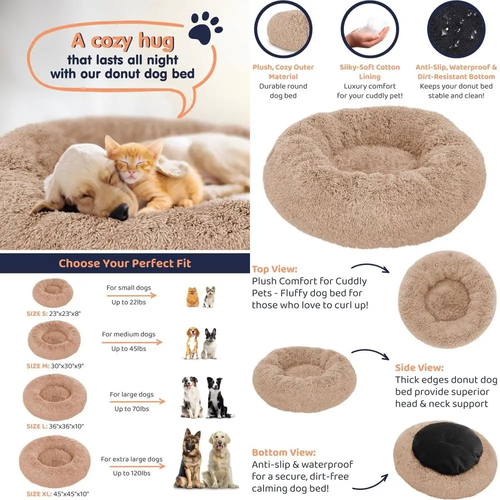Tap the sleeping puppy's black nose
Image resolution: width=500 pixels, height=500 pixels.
point(119,211)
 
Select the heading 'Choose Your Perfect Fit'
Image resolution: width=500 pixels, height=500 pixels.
point(124,263)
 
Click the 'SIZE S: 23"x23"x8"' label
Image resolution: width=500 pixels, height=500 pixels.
point(53,314)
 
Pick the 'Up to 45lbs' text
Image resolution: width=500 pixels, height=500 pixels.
point(128,348)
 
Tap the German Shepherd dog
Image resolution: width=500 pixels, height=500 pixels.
point(188,457)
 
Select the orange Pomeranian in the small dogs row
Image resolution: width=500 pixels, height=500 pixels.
point(192,297)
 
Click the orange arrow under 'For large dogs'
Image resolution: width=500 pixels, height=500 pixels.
point(137,401)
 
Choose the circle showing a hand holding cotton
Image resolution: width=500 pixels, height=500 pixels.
point(369,30)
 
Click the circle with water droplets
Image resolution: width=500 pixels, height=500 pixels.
point(456,30)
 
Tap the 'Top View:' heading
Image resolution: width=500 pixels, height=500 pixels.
point(274,269)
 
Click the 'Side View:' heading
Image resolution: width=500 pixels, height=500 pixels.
point(419,368)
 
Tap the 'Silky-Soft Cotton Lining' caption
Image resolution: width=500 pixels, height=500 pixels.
point(369,71)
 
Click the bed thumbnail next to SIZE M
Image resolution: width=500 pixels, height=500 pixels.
point(54,339)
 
